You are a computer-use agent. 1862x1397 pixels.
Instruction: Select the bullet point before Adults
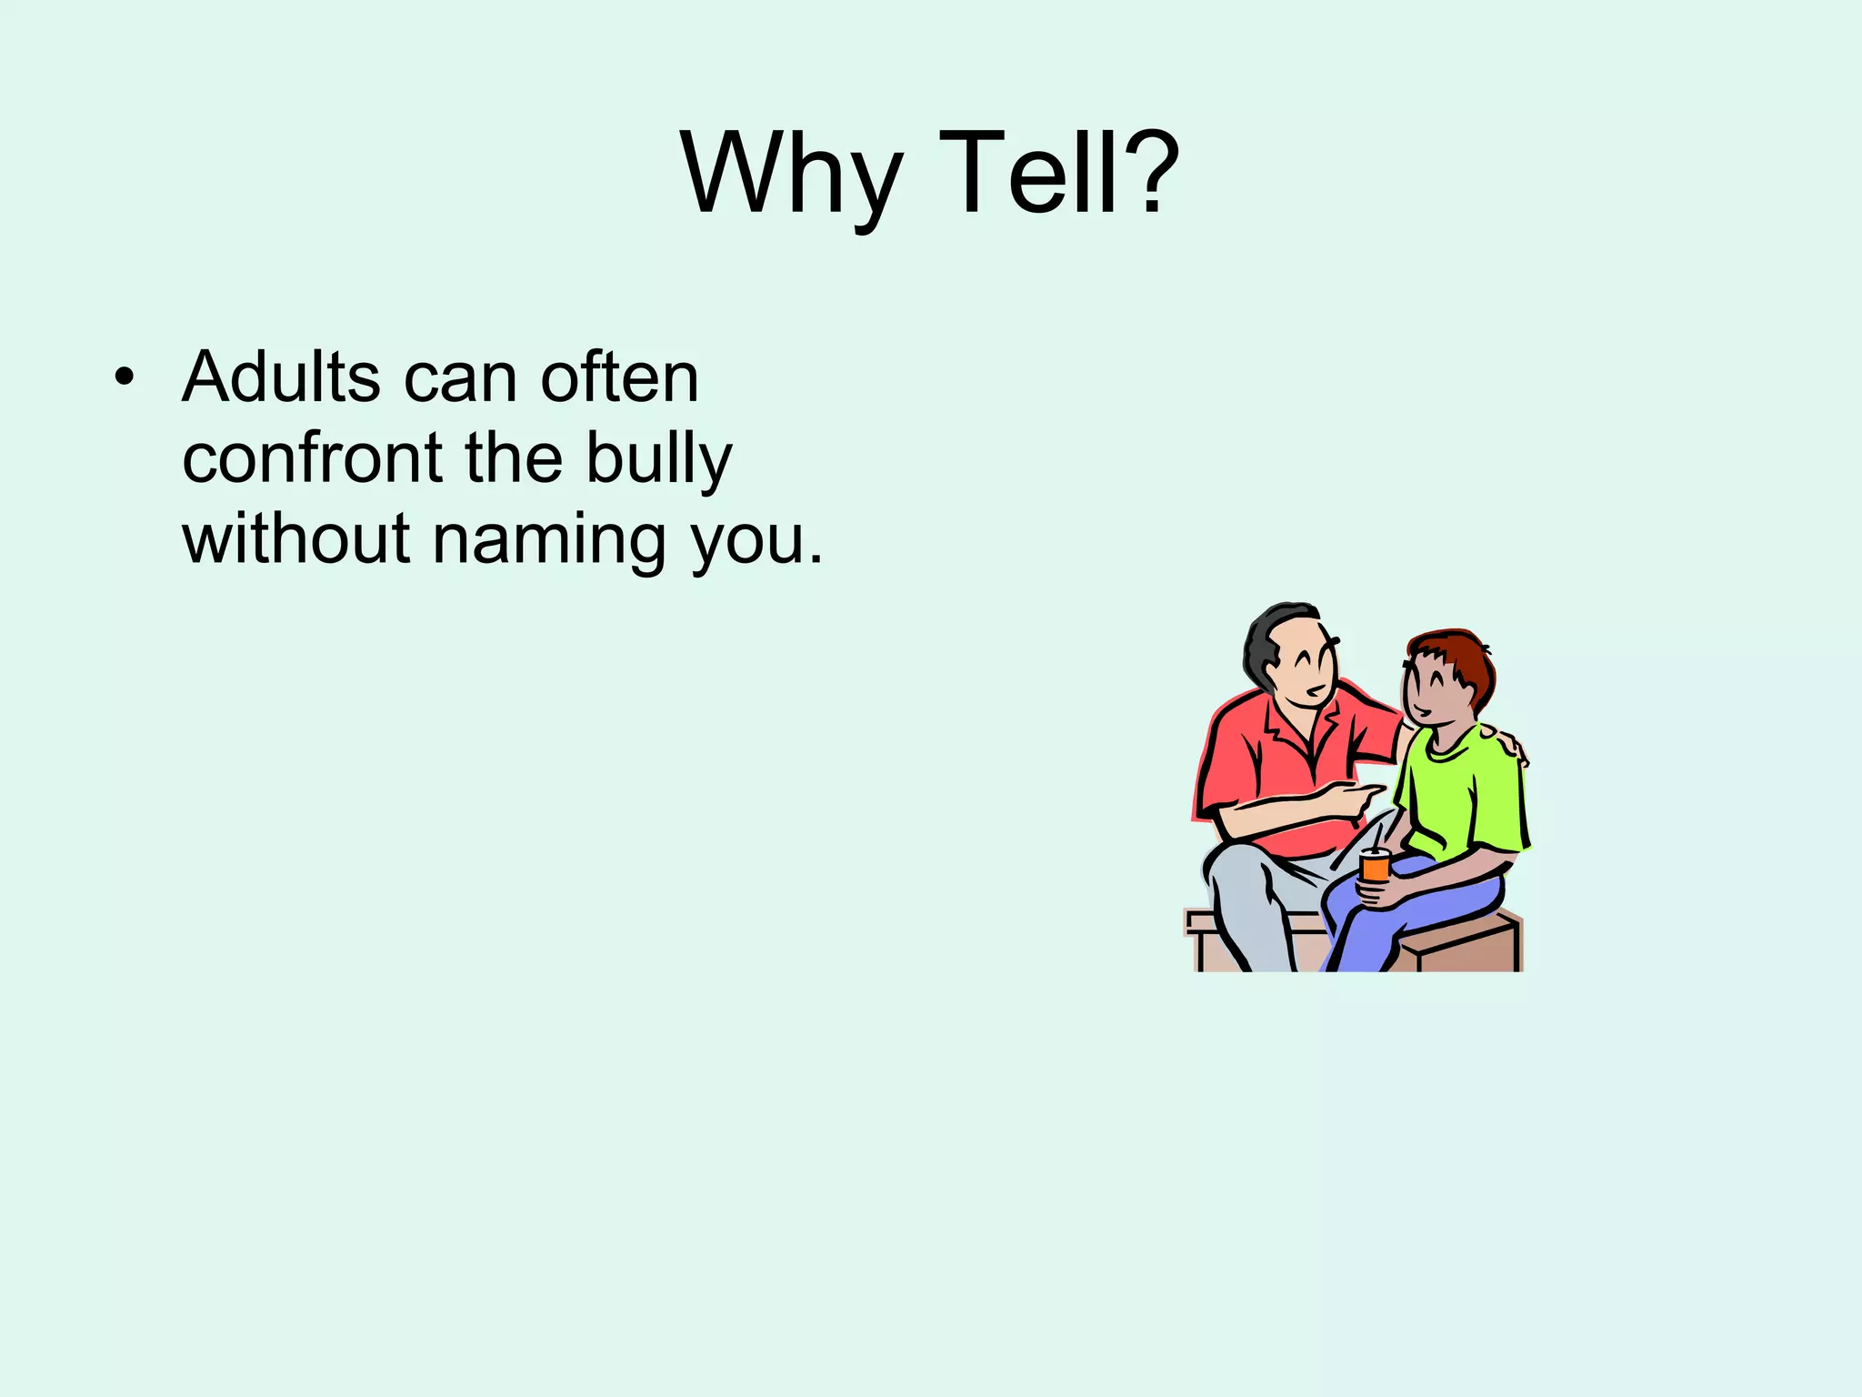click(125, 378)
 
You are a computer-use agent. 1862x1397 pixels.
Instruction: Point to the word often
click(619, 377)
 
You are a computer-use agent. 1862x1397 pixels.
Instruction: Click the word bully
click(658, 459)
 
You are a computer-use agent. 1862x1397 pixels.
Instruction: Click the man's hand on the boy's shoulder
click(1505, 741)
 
